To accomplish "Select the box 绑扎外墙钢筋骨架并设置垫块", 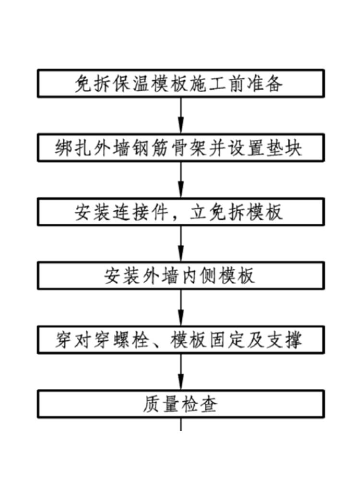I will click(180, 147).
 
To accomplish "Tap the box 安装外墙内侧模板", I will click(180, 276).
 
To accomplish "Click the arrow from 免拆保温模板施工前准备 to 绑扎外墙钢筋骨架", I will click(180, 115).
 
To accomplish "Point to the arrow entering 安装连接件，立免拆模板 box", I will click(180, 180).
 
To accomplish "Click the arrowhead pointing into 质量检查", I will click(180, 384).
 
